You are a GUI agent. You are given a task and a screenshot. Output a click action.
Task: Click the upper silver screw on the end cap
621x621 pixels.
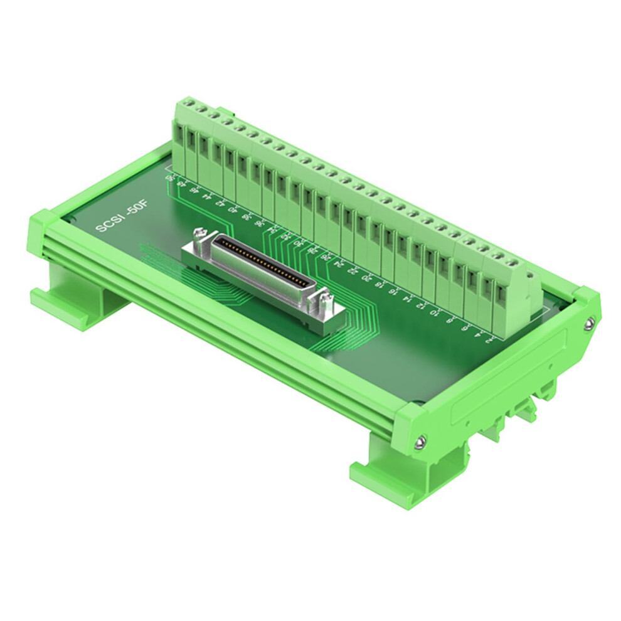tap(589, 324)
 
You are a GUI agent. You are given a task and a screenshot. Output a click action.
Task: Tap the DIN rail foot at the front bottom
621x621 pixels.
tap(389, 480)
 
